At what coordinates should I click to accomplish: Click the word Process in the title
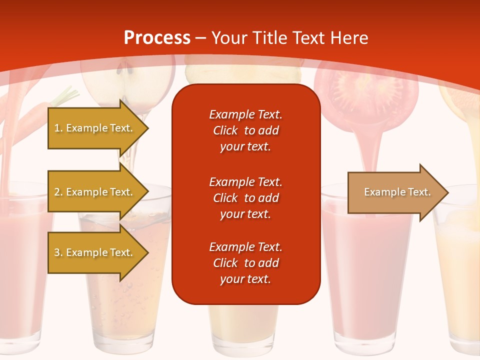pos(157,37)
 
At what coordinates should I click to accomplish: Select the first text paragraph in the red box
pos(245,130)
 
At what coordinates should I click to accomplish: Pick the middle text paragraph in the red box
pos(245,198)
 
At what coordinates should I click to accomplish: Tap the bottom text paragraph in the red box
pos(245,263)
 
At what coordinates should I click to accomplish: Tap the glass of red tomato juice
pos(367,270)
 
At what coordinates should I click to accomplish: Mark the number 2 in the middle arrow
pos(57,192)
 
